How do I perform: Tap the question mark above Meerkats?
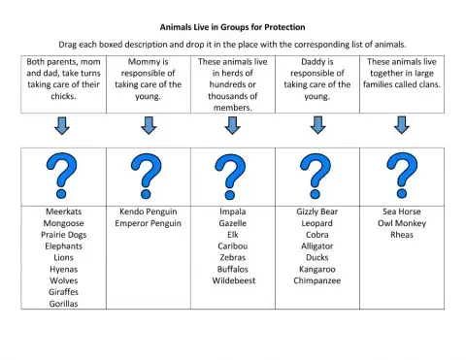[63, 175]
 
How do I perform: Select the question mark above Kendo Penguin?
[148, 175]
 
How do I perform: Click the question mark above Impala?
[231, 175]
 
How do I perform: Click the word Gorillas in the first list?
[63, 303]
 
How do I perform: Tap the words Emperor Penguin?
[148, 222]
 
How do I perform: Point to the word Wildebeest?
[231, 280]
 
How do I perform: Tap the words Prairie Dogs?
[63, 234]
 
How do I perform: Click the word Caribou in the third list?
[231, 245]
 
